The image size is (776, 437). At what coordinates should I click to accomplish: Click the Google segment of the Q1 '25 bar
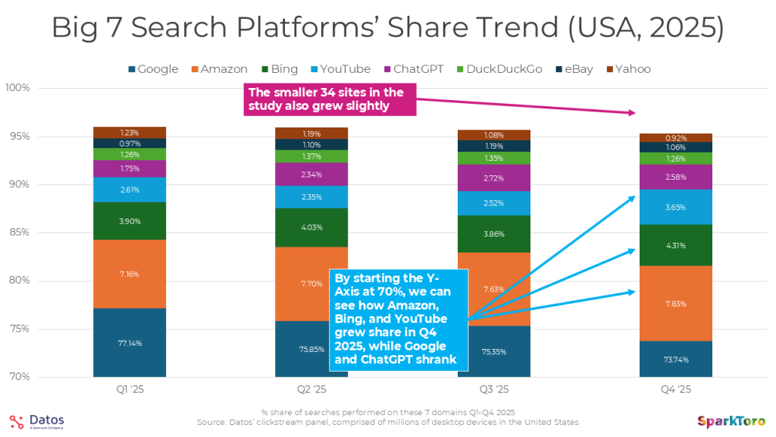pos(130,342)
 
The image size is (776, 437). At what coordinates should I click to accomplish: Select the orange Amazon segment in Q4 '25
pos(675,303)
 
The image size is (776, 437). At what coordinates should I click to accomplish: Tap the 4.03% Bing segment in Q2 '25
pos(311,227)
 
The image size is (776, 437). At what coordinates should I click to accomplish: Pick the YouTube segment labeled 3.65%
pos(675,206)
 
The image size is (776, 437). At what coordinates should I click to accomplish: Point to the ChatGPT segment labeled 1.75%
pos(130,168)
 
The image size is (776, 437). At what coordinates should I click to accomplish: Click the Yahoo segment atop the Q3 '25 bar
pos(493,135)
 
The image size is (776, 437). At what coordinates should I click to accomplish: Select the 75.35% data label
pos(493,352)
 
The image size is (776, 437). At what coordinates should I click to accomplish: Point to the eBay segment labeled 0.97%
pos(130,143)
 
